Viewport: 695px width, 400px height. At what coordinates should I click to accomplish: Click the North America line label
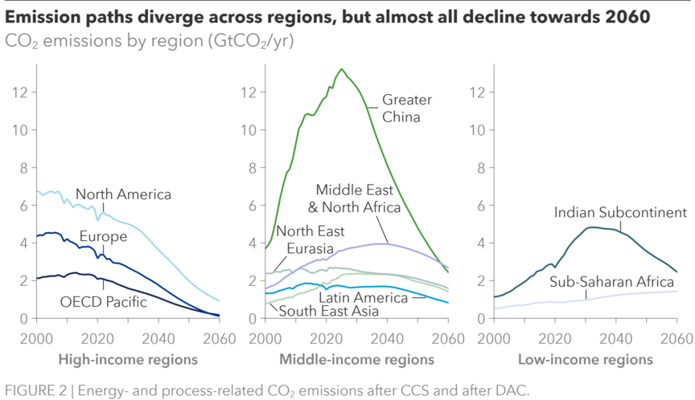point(123,194)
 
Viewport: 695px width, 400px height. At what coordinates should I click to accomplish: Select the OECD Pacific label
point(104,302)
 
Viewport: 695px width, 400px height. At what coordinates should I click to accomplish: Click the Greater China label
point(406,108)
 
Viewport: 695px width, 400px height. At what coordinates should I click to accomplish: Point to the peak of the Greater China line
point(342,69)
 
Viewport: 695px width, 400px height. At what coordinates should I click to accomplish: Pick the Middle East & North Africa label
point(358,199)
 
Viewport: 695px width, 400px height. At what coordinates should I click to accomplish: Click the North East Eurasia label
point(310,239)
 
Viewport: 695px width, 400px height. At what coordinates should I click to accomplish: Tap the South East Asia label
point(319,311)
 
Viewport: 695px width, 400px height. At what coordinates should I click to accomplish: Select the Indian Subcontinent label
point(620,214)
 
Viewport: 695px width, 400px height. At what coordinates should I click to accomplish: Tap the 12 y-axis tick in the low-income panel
point(479,92)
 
